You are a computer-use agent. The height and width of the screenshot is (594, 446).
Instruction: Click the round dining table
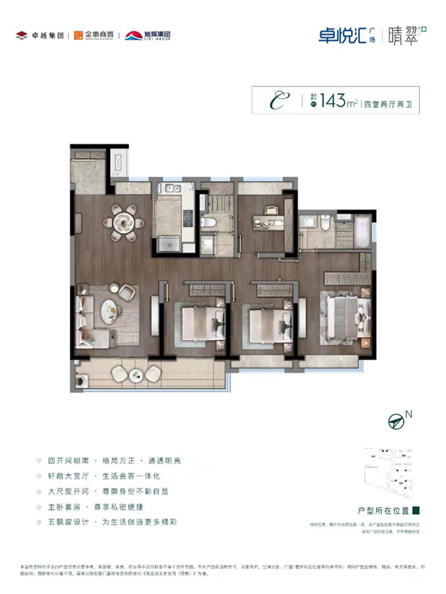(x=124, y=220)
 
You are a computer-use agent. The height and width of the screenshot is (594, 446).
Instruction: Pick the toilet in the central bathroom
(x=208, y=222)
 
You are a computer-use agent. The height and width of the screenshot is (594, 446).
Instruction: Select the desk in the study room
(x=267, y=217)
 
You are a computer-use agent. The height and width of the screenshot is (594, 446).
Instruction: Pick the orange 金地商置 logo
(x=92, y=35)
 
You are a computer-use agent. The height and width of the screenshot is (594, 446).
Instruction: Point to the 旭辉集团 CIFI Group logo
(x=150, y=35)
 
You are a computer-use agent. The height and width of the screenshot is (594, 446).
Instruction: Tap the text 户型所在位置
(x=383, y=511)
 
